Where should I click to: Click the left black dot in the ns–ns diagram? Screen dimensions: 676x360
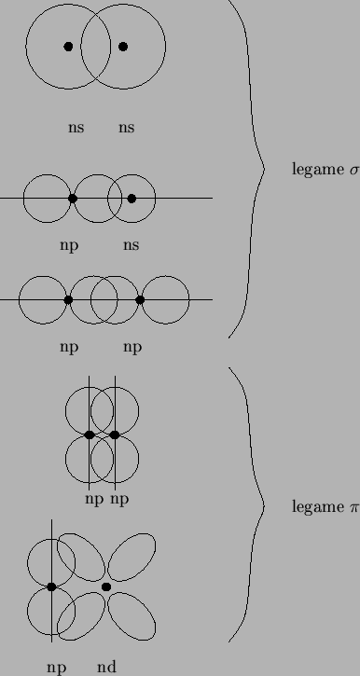click(x=68, y=46)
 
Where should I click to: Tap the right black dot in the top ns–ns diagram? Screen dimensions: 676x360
click(x=123, y=46)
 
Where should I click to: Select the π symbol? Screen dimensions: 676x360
click(x=353, y=507)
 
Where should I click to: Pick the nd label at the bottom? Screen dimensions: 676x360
click(x=106, y=667)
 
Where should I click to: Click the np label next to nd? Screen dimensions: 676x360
click(x=58, y=667)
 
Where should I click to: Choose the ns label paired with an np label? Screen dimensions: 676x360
click(x=131, y=245)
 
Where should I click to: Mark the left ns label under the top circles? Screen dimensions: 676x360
click(x=76, y=128)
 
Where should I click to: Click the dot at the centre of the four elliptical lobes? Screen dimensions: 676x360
click(x=106, y=586)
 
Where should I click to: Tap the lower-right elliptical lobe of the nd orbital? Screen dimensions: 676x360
click(x=132, y=616)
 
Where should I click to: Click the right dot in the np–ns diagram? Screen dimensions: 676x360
click(x=132, y=199)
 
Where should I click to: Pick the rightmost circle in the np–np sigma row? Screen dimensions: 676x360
click(x=166, y=300)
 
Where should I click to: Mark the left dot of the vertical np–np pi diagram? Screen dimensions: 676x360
click(x=90, y=435)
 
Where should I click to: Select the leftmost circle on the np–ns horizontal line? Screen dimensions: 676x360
click(x=47, y=199)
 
